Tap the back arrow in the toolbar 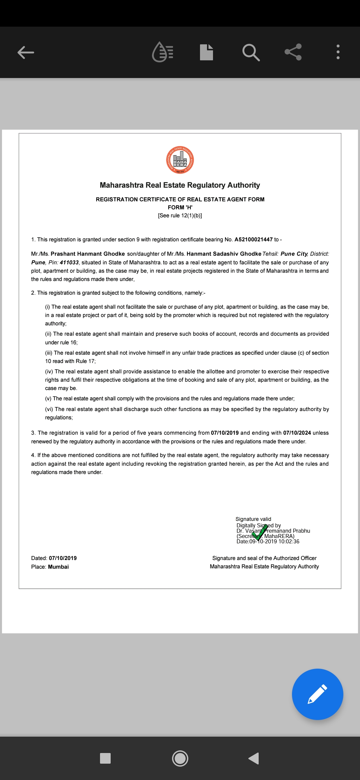tap(26, 52)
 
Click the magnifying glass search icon tap(251, 52)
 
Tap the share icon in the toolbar tap(293, 52)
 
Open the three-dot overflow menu tap(338, 52)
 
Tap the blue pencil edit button tap(317, 694)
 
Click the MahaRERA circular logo tap(180, 160)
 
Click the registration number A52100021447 tap(253, 240)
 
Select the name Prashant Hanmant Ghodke tap(88, 254)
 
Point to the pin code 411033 tap(69, 263)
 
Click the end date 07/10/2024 tap(297, 433)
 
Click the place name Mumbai tap(58, 567)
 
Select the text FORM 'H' tap(180, 207)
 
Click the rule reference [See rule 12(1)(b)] tap(180, 216)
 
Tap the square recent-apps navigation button tap(105, 758)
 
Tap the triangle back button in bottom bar tap(254, 758)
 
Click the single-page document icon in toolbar tap(206, 52)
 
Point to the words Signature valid tap(253, 519)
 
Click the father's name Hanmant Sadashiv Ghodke tap(224, 254)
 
